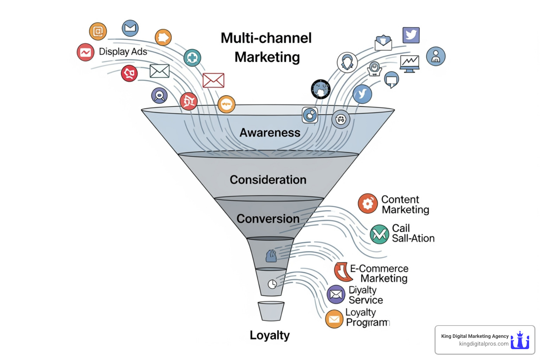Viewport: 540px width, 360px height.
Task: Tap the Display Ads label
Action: point(123,52)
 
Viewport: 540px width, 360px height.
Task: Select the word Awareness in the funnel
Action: point(270,133)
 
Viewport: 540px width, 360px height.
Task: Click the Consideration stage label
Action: point(268,180)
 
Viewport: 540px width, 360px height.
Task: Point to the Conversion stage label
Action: point(268,219)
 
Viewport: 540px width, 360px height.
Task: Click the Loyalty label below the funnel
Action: point(270,335)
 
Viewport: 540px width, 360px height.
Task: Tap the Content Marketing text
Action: point(405,205)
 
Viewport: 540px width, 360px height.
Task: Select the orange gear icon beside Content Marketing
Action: point(368,203)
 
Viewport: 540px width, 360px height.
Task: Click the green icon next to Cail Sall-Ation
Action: point(379,234)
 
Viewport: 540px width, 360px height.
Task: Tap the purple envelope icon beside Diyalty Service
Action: point(336,294)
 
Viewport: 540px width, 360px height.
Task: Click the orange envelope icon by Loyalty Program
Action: point(334,319)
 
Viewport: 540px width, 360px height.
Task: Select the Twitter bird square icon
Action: point(411,35)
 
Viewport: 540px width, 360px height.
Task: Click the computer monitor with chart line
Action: point(410,64)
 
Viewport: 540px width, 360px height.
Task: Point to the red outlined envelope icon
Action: point(213,81)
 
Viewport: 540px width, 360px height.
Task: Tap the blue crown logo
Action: point(520,340)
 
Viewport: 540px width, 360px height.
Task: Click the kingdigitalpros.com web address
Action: point(483,344)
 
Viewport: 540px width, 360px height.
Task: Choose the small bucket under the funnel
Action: point(271,311)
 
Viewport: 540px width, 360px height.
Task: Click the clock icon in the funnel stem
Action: point(272,284)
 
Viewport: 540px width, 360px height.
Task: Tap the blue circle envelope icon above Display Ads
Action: point(130,28)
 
